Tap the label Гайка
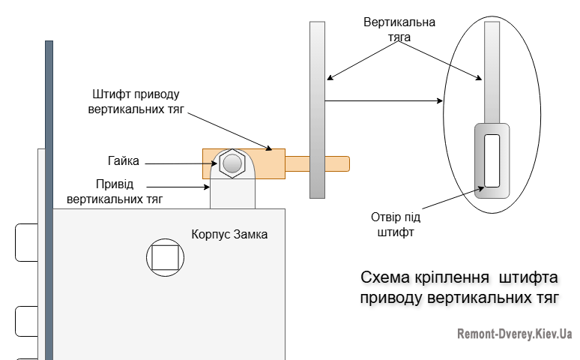point(123,160)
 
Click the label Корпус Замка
point(229,234)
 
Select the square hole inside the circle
point(164,257)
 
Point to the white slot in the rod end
point(492,160)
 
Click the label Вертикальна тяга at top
point(399,28)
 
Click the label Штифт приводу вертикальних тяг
point(137,102)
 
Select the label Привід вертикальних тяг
point(115,191)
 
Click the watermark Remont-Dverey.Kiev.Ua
point(515,334)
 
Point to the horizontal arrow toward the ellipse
point(382,100)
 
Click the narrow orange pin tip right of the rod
point(337,163)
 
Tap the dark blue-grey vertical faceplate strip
point(49,195)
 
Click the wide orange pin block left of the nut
point(208,163)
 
